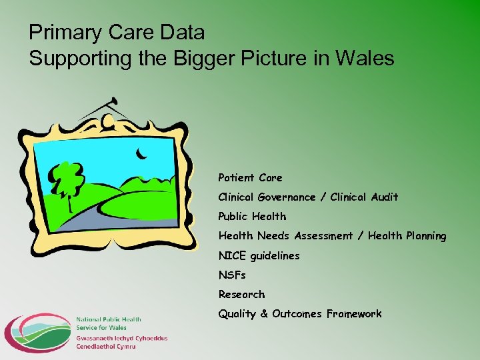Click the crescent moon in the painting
coord(141,155)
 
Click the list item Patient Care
coord(250,178)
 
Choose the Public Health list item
coord(252,217)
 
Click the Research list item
coord(241,294)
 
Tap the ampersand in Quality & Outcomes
coord(263,314)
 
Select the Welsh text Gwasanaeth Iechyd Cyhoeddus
coord(121,338)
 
